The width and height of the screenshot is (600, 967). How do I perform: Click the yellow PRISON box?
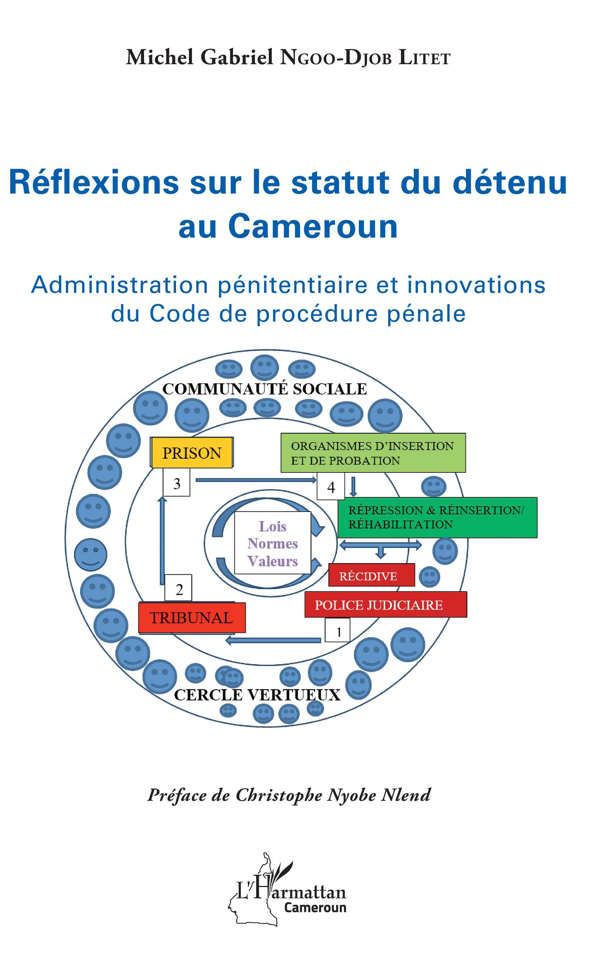(192, 453)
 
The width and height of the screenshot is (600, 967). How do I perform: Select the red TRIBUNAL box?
(192, 617)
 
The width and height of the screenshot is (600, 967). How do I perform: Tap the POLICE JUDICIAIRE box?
(385, 605)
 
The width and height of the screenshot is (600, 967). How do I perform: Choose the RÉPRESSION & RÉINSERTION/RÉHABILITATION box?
(437, 517)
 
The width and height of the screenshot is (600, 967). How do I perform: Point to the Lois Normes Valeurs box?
(272, 543)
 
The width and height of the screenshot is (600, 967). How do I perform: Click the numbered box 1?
(337, 630)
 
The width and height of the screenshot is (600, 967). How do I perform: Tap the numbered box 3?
(177, 483)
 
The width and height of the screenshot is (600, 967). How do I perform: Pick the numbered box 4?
(330, 487)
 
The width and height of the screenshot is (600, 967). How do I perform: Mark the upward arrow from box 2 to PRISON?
(161, 540)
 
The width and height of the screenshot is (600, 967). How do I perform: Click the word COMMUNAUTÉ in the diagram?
(225, 389)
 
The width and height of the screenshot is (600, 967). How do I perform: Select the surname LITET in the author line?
(424, 58)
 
